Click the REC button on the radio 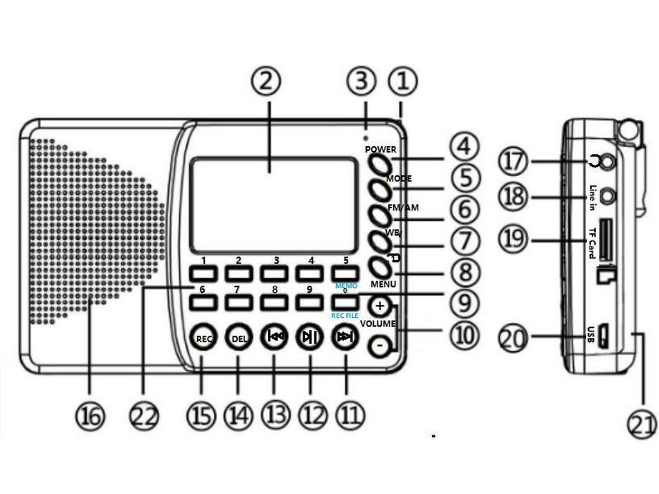203,338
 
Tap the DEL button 239,338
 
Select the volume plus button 380,306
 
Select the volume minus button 380,347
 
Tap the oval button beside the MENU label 380,268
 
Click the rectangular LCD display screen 274,205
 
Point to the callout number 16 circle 90,415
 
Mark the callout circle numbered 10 464,332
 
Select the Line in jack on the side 608,194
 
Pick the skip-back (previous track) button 274,338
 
